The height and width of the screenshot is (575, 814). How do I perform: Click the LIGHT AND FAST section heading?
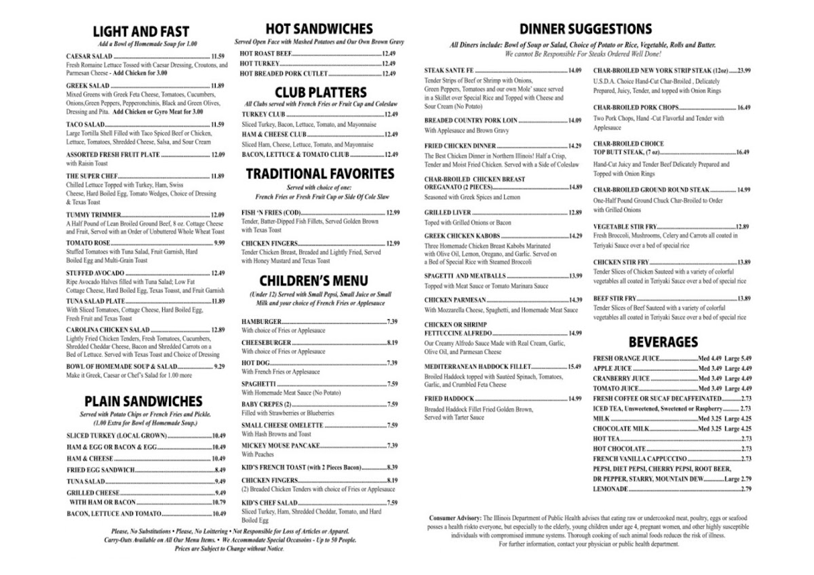(x=141, y=32)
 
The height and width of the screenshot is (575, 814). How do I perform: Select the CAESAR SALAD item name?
(x=89, y=56)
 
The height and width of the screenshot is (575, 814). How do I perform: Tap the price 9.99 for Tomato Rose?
(x=218, y=243)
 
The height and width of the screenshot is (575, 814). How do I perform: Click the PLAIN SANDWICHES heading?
(x=143, y=401)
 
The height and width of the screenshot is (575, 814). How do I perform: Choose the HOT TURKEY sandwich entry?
(x=260, y=63)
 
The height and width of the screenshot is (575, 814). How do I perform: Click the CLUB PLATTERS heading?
(x=320, y=92)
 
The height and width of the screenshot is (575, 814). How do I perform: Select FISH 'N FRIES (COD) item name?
(x=272, y=212)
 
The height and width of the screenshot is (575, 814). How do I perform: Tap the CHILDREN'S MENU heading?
(x=313, y=280)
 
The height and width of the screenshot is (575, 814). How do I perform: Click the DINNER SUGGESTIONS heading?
(x=585, y=29)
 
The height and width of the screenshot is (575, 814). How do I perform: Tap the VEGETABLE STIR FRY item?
(x=624, y=226)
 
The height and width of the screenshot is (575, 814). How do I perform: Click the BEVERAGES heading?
(x=663, y=341)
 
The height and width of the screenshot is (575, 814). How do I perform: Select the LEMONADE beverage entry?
(x=611, y=489)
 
